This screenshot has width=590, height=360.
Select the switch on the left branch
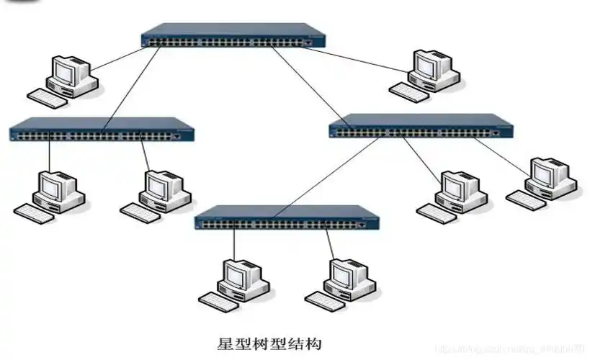click(x=102, y=130)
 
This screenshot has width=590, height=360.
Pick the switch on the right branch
click(x=421, y=126)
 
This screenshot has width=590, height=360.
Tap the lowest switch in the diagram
click(x=287, y=218)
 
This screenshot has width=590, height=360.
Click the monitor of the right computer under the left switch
click(x=158, y=185)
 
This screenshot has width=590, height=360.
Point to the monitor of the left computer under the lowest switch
click(x=236, y=274)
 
